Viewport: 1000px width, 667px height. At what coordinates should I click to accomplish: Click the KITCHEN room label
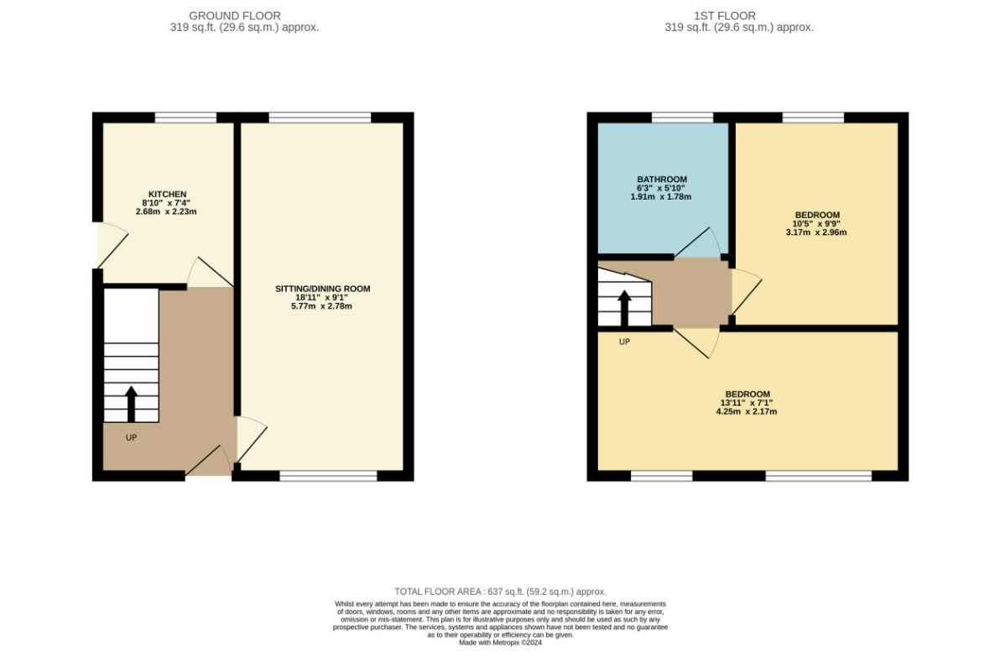click(x=167, y=195)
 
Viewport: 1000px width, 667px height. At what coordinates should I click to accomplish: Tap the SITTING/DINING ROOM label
click(x=323, y=289)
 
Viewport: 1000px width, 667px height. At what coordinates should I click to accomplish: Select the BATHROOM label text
click(x=662, y=180)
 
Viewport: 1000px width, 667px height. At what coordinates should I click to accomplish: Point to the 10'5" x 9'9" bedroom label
click(x=816, y=224)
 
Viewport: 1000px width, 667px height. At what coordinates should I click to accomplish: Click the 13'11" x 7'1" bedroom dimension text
click(x=747, y=403)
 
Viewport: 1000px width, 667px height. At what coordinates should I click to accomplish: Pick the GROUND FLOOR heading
click(x=235, y=16)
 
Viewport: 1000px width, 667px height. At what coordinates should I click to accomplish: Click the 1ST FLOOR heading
click(x=725, y=16)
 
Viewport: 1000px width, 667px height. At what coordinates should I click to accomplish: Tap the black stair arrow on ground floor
click(x=132, y=404)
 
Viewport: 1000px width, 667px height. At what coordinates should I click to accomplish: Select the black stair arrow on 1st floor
click(x=624, y=309)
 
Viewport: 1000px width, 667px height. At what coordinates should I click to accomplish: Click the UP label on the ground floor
click(x=132, y=437)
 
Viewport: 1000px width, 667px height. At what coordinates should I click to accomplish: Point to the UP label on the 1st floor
click(x=624, y=341)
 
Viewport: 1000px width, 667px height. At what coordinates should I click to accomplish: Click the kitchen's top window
click(x=185, y=117)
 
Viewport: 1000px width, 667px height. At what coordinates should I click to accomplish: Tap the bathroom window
click(x=682, y=117)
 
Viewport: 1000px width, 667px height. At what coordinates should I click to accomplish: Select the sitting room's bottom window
click(x=329, y=476)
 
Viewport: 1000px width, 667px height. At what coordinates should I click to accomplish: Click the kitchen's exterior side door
click(x=112, y=245)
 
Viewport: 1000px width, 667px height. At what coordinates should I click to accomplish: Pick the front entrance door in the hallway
click(x=209, y=461)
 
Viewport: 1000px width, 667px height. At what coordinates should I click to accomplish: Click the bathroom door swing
click(x=698, y=242)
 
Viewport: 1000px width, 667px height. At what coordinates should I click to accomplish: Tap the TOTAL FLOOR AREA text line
click(x=500, y=591)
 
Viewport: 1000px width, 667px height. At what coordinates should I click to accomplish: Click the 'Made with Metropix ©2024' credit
click(x=500, y=643)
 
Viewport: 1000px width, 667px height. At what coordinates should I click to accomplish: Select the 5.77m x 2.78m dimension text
click(x=321, y=306)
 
